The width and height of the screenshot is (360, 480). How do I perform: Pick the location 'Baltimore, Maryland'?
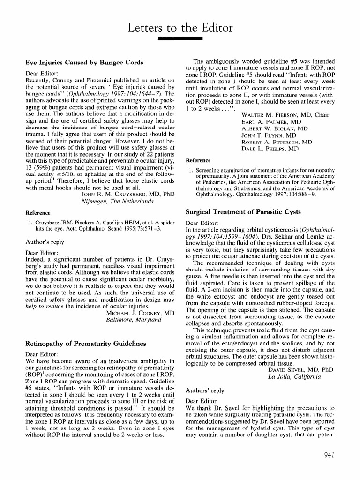coord(135,320)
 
